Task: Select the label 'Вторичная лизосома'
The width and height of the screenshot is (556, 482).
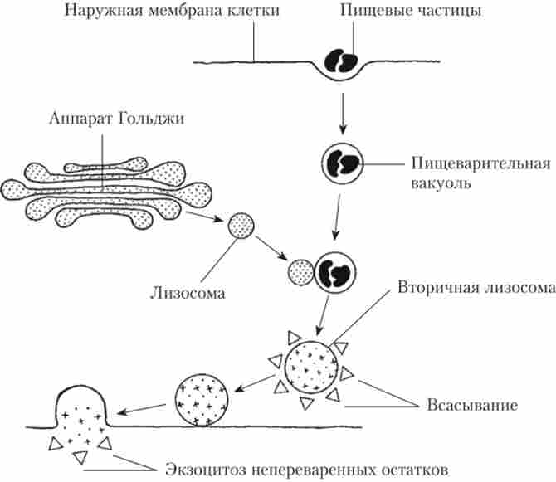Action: pos(475,290)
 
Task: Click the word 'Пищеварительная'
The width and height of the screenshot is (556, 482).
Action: pos(480,163)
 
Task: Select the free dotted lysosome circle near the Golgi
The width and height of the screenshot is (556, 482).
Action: pos(241,226)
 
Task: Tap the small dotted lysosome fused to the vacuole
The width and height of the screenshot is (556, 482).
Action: pos(299,271)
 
